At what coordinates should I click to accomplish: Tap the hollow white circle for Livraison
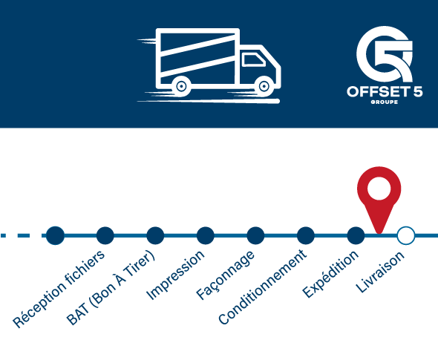[406, 235]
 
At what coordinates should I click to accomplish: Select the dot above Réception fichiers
[55, 235]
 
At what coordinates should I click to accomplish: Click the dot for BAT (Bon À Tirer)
[105, 235]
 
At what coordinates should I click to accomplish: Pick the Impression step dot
[155, 235]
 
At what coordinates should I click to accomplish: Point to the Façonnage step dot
[206, 235]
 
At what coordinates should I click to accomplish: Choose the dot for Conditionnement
[255, 235]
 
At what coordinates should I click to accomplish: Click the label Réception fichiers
[59, 289]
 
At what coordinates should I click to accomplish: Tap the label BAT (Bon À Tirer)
[111, 287]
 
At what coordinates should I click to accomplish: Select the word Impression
[175, 275]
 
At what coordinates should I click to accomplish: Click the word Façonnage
[225, 275]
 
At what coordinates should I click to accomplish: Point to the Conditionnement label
[263, 287]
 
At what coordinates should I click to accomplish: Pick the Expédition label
[330, 274]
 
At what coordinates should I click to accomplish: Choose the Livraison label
[380, 272]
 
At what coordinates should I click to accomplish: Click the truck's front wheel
[264, 86]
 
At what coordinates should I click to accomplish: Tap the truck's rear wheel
[182, 86]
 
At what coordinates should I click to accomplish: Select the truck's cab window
[253, 60]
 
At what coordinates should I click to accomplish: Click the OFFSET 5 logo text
[385, 91]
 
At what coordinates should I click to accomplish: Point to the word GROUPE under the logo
[385, 102]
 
